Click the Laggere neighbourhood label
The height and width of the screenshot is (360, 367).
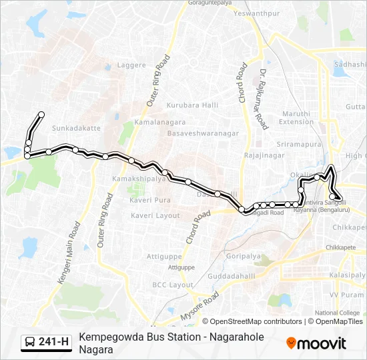click(131, 65)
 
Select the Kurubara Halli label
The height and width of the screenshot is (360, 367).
click(188, 105)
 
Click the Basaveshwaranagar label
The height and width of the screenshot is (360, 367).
click(203, 133)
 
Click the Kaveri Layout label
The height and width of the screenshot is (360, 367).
click(155, 215)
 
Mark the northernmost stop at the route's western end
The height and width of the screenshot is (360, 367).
click(41, 115)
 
